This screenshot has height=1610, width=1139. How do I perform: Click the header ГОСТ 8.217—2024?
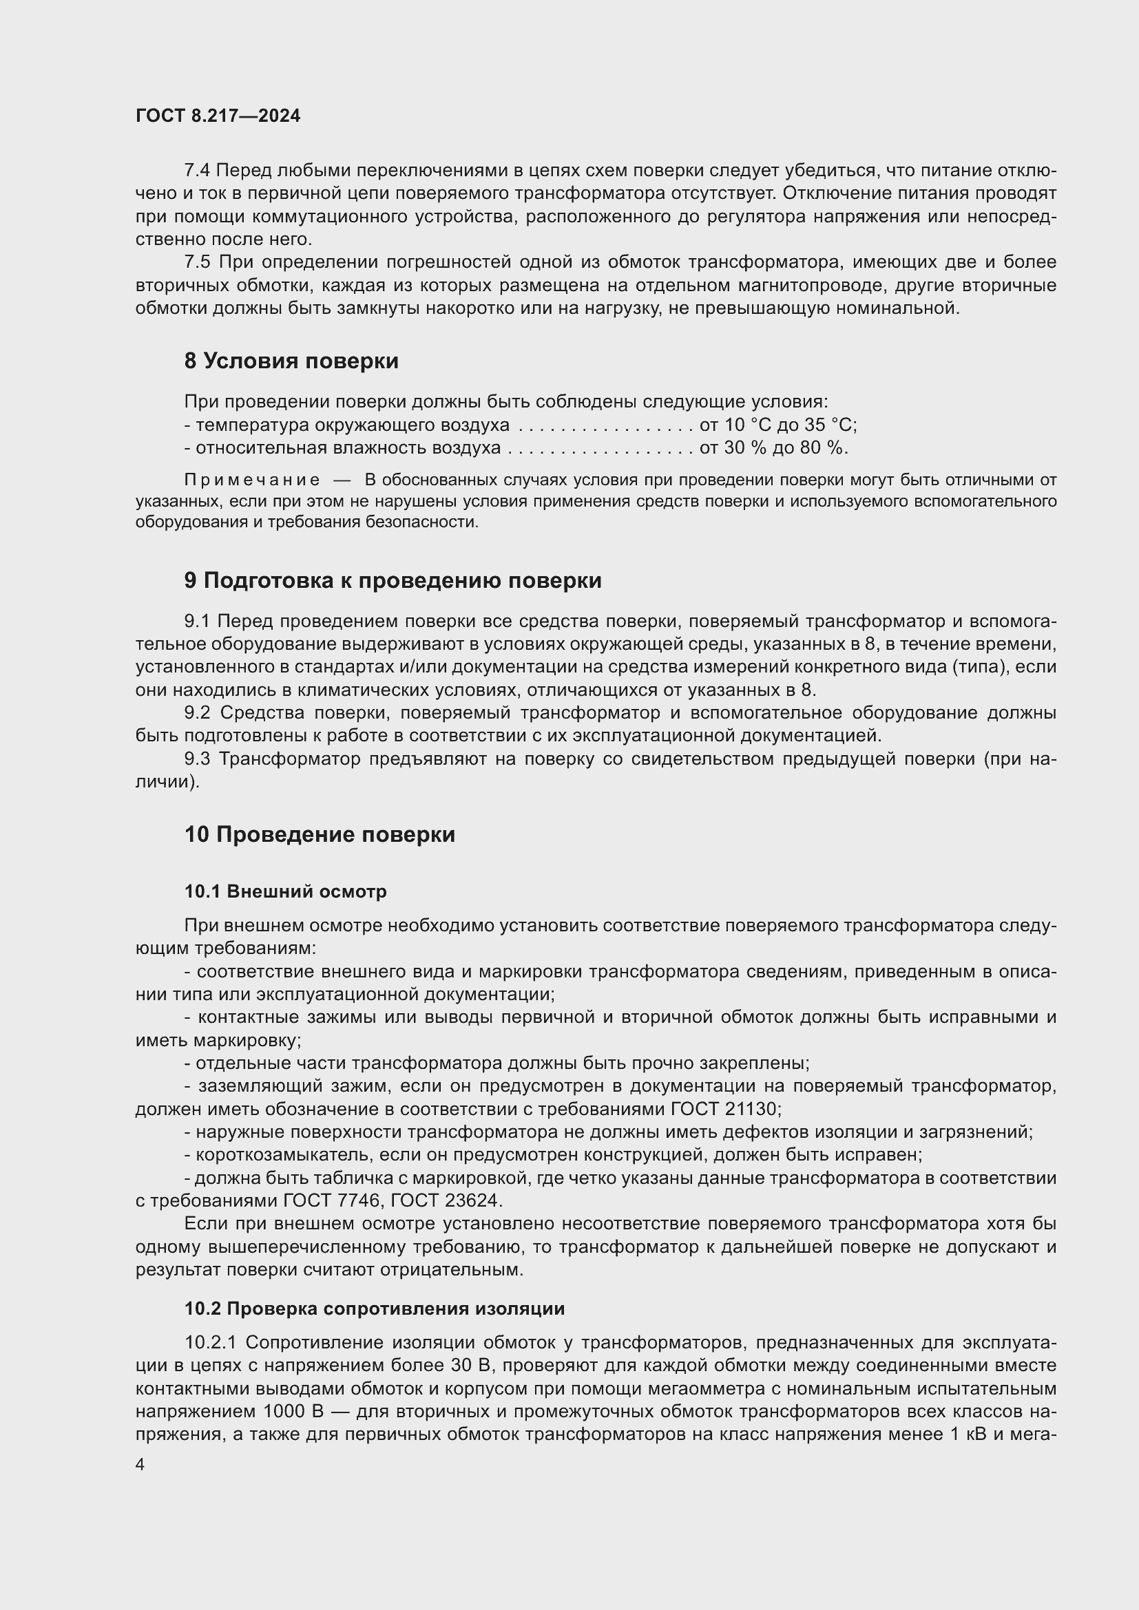coord(218,116)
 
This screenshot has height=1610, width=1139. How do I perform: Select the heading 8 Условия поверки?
coord(291,361)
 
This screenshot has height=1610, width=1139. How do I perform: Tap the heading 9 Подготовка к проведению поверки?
coord(393,581)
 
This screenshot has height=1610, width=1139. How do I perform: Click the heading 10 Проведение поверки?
coord(320,834)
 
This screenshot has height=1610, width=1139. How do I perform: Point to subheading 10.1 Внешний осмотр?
coord(286,891)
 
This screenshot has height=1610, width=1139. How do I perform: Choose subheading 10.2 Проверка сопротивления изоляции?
coord(375,1309)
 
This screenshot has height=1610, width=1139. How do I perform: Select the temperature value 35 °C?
coord(827,425)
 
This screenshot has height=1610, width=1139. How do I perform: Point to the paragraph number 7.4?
coord(196,171)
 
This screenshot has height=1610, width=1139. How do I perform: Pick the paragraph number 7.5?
coord(196,262)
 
